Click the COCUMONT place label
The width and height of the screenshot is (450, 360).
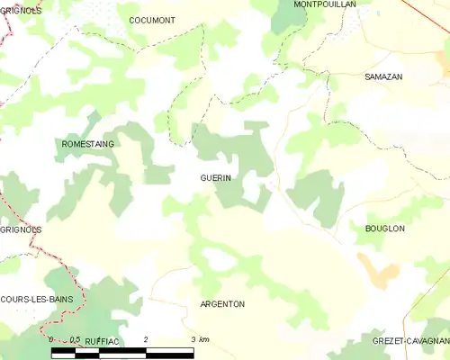coord(151,20)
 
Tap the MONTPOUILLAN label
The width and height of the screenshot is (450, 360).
coord(325,4)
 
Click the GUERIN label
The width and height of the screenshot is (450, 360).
coord(215,178)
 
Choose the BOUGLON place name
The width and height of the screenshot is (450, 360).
coord(384,229)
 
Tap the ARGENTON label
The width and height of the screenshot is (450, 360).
coord(222,304)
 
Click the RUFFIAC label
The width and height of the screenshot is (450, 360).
coord(101,343)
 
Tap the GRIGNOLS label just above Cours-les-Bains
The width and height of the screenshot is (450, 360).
coord(21,229)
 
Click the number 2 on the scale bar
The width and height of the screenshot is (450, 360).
coord(146,339)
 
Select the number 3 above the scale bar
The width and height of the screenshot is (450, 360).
coord(193,339)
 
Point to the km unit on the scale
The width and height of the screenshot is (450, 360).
coord(204,339)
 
